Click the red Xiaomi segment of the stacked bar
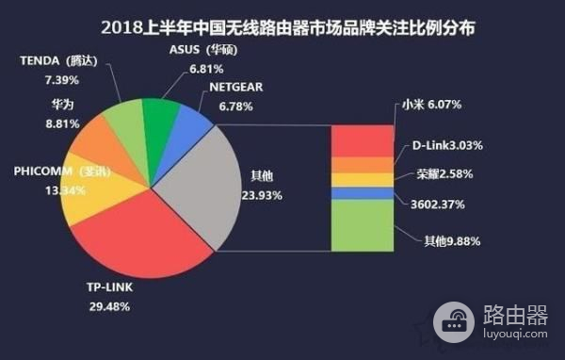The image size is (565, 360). click(x=363, y=139)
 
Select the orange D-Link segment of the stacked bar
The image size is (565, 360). click(x=363, y=165)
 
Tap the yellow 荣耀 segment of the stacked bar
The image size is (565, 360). click(x=363, y=180)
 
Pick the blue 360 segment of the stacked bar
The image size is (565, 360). click(x=363, y=193)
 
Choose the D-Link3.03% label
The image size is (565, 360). click(x=448, y=146)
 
